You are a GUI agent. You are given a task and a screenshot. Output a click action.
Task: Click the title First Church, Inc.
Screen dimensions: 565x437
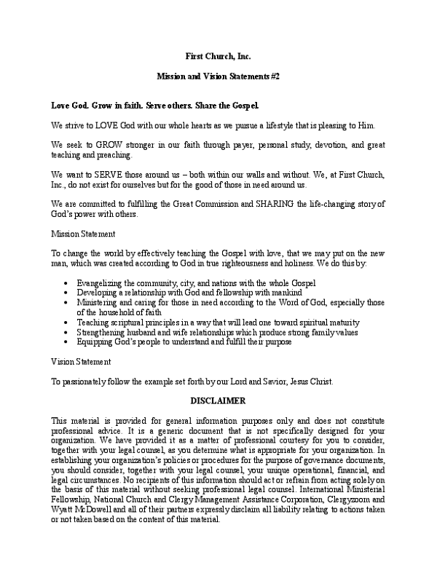[x=219, y=56]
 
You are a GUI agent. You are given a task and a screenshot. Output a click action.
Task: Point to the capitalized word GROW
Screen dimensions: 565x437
[x=107, y=145]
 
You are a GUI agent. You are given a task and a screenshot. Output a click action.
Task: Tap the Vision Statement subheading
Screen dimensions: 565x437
[x=81, y=361]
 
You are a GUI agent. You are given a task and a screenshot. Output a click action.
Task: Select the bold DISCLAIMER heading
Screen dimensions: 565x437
[x=219, y=400]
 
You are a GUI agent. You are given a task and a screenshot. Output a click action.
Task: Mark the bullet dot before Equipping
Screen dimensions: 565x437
[x=67, y=342]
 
